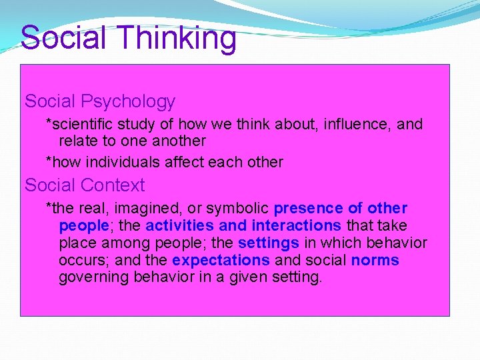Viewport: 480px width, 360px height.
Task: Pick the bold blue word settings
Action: tap(269, 243)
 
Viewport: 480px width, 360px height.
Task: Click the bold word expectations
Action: tap(221, 261)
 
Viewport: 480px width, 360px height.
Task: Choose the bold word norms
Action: tap(375, 261)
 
